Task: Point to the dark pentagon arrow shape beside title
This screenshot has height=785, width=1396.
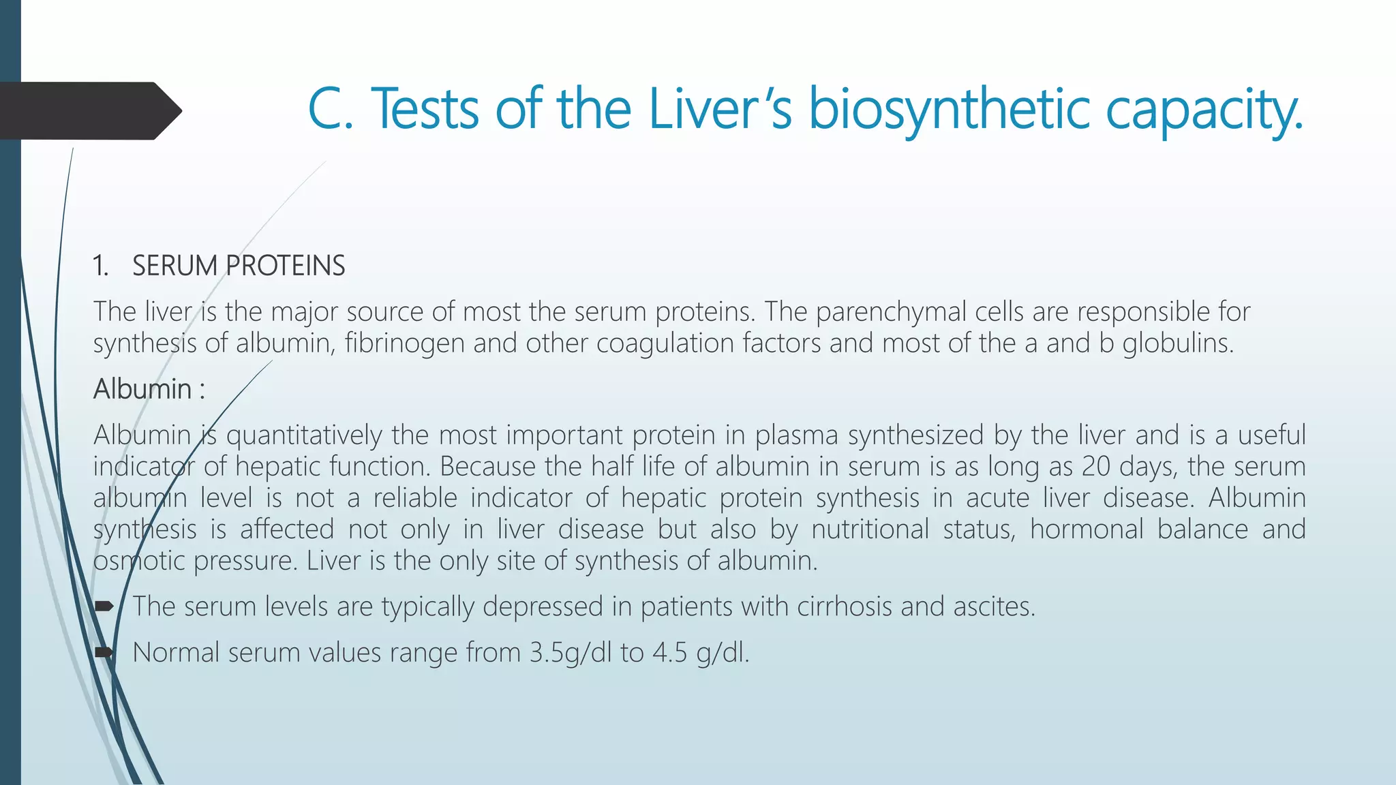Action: point(89,111)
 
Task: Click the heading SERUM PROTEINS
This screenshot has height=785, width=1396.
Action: point(239,266)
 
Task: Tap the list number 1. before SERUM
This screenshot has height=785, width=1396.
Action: point(101,266)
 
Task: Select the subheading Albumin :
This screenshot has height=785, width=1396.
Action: point(149,389)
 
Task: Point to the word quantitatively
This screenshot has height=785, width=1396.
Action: point(304,435)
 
